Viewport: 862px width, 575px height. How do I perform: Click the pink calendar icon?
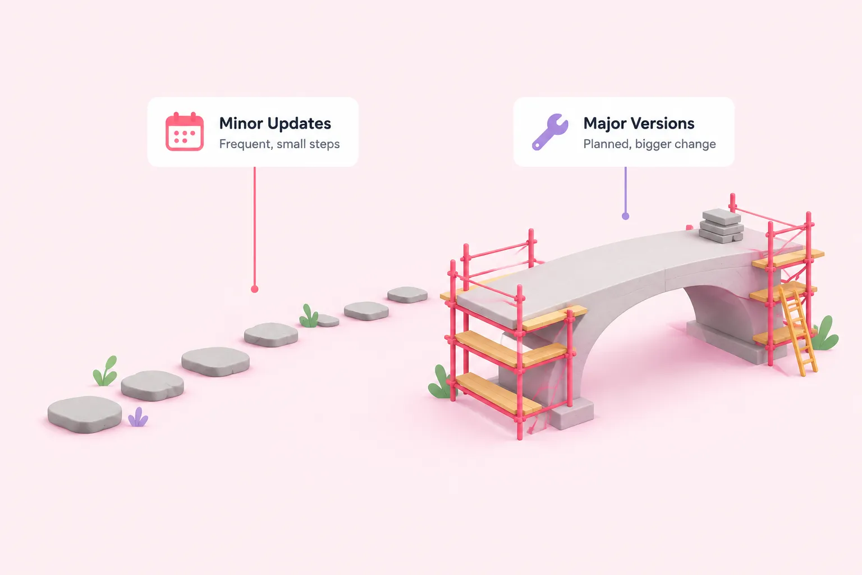[x=184, y=131]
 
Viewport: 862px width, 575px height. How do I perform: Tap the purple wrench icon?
[x=550, y=132]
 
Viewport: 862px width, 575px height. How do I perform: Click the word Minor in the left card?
[x=241, y=123]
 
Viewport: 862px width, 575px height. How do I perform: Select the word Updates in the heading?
[x=299, y=124]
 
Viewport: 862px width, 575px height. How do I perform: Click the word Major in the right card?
[x=604, y=124]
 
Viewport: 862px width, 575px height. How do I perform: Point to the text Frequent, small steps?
[x=279, y=144]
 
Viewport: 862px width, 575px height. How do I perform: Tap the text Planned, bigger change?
[x=649, y=144]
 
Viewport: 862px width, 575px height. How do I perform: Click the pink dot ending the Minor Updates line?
[x=254, y=289]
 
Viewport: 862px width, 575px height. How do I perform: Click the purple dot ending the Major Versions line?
[x=626, y=216]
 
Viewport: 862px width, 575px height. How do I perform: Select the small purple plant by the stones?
[x=137, y=417]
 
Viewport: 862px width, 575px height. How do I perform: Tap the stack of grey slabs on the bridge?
[x=721, y=226]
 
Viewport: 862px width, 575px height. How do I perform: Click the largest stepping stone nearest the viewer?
[x=85, y=414]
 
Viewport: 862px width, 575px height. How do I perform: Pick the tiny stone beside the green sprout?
[x=328, y=321]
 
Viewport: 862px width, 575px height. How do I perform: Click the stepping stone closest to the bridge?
[x=407, y=295]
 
